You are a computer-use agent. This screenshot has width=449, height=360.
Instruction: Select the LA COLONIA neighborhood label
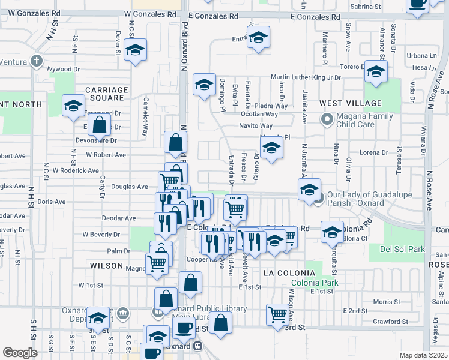click(286, 272)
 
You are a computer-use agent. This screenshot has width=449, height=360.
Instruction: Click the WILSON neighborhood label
click(106, 265)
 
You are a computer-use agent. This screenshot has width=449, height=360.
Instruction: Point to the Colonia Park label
click(313, 283)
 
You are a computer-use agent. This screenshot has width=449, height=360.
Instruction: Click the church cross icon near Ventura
click(37, 61)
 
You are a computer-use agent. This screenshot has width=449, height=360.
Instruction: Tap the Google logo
click(20, 353)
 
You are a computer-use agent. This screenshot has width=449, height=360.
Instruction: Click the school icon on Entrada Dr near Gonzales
click(258, 38)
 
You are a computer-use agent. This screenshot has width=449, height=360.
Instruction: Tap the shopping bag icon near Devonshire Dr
click(100, 125)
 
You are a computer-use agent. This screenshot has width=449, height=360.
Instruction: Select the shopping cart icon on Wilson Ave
click(278, 314)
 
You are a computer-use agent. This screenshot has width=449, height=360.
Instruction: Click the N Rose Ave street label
click(429, 191)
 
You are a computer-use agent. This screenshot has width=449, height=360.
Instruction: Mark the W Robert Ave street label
click(106, 155)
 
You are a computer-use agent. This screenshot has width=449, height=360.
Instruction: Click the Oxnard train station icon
click(196, 346)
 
